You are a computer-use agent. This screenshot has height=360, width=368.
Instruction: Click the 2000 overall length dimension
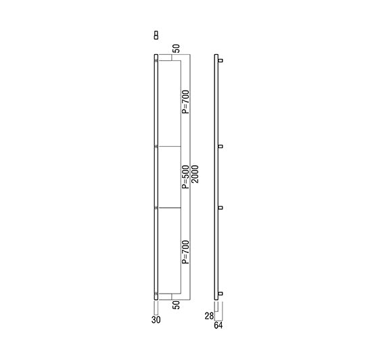195,174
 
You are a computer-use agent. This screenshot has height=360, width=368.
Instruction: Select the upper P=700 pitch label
185,102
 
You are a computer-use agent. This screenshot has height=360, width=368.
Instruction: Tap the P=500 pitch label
185,177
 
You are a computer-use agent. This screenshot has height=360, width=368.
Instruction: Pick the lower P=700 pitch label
185,252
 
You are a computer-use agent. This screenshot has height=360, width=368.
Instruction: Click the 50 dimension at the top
177,49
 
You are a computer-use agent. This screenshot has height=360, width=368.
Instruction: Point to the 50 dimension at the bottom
177,305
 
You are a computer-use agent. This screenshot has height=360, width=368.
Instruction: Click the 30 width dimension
156,319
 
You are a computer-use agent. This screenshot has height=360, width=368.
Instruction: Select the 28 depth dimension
209,316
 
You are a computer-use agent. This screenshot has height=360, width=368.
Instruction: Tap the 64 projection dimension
218,325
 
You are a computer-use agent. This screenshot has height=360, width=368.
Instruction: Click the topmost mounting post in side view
220,61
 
